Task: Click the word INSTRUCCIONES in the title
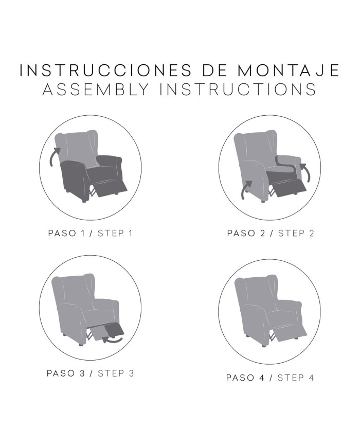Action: [106, 70]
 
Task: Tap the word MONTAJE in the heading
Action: [289, 70]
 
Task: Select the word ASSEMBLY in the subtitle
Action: [96, 89]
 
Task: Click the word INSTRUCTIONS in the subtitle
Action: [238, 89]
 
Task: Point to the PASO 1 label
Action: [66, 233]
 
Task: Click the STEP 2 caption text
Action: [296, 233]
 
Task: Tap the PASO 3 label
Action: [66, 373]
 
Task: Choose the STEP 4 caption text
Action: [296, 378]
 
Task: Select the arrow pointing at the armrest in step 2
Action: [306, 172]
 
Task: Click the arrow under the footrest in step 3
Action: [112, 339]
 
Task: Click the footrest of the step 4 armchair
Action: [290, 332]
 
